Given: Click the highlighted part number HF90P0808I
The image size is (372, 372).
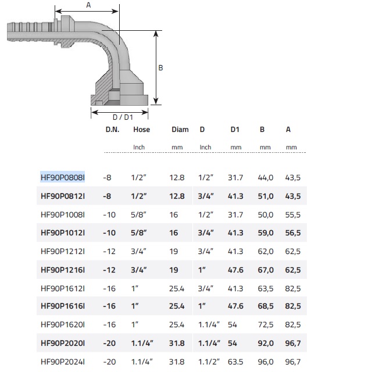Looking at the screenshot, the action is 63,177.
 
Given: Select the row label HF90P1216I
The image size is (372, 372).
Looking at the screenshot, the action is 63,270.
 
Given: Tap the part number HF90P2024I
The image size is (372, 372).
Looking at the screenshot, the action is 63,362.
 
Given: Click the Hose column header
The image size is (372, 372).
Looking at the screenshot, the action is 141,130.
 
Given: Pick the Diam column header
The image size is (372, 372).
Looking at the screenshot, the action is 180,130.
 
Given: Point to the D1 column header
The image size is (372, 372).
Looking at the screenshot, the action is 235,130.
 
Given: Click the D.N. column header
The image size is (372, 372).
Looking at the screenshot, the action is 112,130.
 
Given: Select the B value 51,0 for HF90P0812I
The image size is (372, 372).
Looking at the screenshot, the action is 266,196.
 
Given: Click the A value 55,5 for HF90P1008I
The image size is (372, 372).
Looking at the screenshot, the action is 293,214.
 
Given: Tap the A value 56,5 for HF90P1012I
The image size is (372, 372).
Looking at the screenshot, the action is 293,233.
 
